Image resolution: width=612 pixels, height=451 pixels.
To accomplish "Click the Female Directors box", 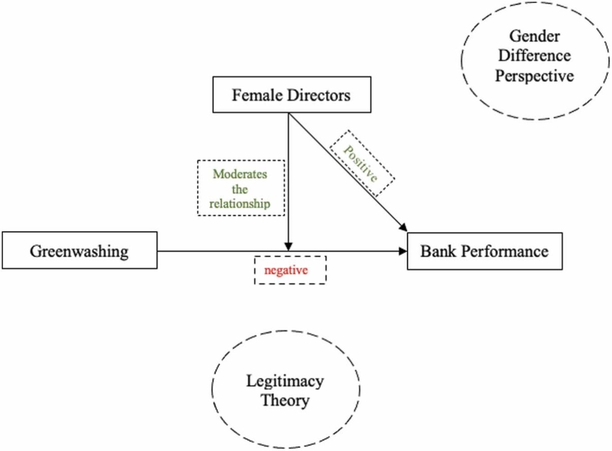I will point(291,95).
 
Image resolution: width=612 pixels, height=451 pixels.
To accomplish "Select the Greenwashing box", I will point(79,251).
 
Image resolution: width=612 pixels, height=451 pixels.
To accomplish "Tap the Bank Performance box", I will point(484,251).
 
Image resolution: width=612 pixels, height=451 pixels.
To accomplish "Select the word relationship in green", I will point(240,204).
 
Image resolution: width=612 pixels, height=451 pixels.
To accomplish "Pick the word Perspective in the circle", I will point(535,75).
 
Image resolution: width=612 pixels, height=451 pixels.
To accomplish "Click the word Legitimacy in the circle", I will point(285,381).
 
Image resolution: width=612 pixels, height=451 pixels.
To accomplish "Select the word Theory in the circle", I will point(285,400).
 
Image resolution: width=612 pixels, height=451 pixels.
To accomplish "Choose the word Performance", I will point(503,251).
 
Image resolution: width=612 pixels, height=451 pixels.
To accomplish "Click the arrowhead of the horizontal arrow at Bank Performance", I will point(404,251).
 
